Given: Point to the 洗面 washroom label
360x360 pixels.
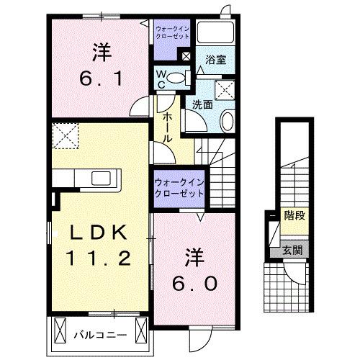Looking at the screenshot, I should click(x=202, y=104).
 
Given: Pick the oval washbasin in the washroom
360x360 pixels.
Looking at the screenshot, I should click(x=228, y=121).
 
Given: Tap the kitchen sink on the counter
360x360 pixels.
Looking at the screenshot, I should click(x=99, y=178).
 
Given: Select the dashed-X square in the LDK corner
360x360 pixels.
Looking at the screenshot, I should click(x=66, y=133).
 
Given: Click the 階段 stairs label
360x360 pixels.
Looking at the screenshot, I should click(x=292, y=214).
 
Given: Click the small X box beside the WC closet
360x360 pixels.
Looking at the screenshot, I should click(x=186, y=55).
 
